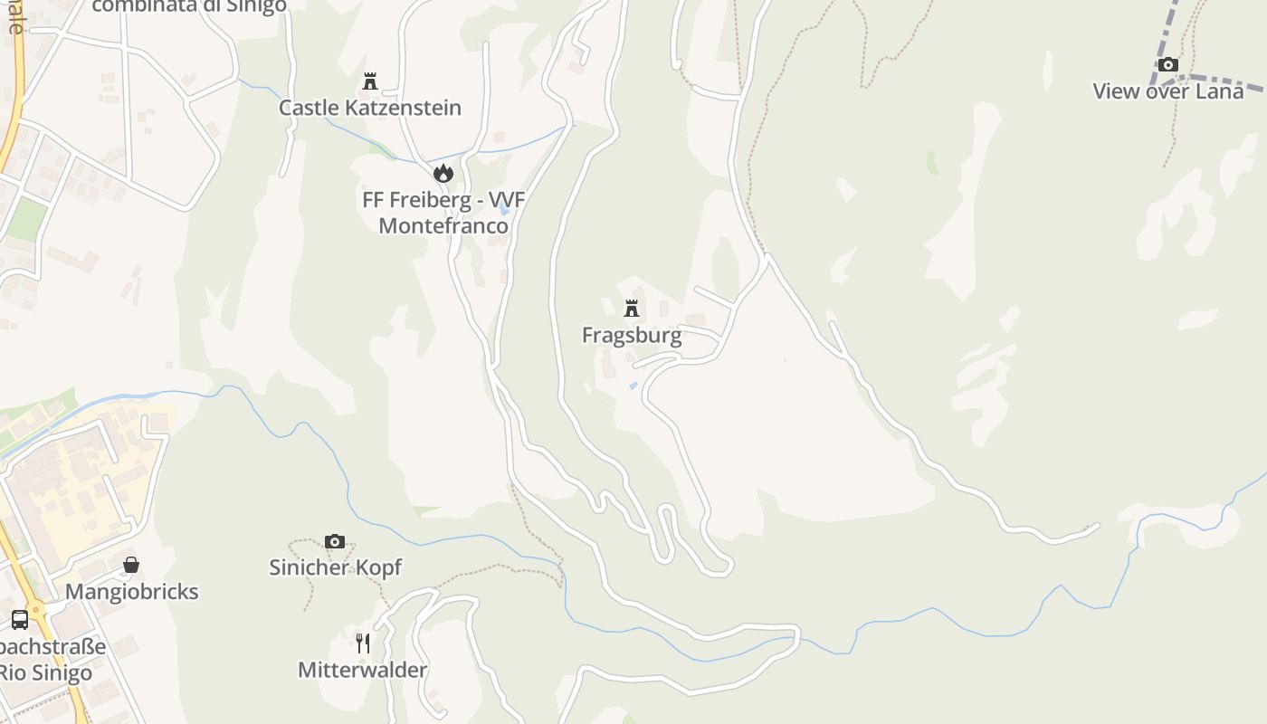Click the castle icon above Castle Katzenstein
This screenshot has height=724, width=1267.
coord(370,81)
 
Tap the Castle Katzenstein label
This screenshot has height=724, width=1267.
coord(369,108)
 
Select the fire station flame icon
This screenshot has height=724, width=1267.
coord(443,173)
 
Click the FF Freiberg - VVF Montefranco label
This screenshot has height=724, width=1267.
coord(443,213)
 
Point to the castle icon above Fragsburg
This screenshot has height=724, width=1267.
coord(632,309)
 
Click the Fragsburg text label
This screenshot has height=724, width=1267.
coord(632,336)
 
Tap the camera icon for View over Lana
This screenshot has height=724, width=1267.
coord(1168,64)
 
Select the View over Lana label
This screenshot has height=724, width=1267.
coord(1167,91)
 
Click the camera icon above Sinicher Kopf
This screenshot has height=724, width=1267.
coord(335,541)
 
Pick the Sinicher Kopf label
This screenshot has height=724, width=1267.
coord(335,567)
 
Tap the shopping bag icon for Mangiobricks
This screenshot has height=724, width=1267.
coord(131,565)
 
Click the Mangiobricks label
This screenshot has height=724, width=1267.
coord(131,592)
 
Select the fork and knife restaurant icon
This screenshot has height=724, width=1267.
coord(363,643)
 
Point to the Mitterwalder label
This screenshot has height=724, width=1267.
coord(362,671)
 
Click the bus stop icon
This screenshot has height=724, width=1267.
coord(20,620)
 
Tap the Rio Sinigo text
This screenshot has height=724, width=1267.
coord(45,673)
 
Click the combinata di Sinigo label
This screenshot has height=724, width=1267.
coord(189,6)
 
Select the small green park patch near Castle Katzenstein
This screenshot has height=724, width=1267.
coord(381,149)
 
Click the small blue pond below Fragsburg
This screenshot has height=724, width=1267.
coord(633,386)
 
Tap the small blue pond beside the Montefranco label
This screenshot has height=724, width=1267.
coord(504,210)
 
